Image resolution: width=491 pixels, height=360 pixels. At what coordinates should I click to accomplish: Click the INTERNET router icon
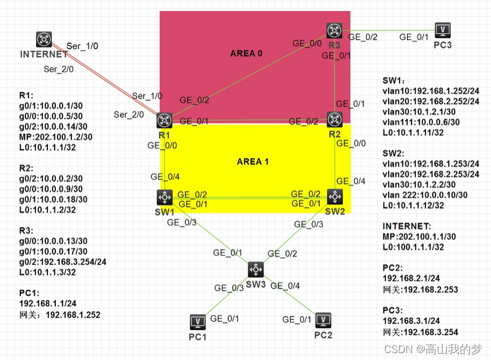point(44,39)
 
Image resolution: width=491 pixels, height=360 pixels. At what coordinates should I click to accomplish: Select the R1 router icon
point(165,120)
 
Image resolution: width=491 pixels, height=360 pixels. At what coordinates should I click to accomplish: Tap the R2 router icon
point(334,119)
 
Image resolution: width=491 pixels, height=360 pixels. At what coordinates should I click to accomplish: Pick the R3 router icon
point(334,30)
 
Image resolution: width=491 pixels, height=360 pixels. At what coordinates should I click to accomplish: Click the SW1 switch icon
point(165,198)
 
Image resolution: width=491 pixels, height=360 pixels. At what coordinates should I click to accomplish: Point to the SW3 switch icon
point(256,269)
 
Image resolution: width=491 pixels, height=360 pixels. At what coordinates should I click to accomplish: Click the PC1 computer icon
point(198,321)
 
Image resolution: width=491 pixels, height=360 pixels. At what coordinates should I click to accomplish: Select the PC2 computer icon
point(324,319)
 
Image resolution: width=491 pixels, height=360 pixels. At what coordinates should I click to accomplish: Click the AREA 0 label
point(246,53)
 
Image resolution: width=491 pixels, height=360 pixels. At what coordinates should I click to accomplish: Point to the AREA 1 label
point(253,162)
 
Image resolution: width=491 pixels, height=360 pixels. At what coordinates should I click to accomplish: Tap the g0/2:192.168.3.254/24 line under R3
point(63,262)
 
